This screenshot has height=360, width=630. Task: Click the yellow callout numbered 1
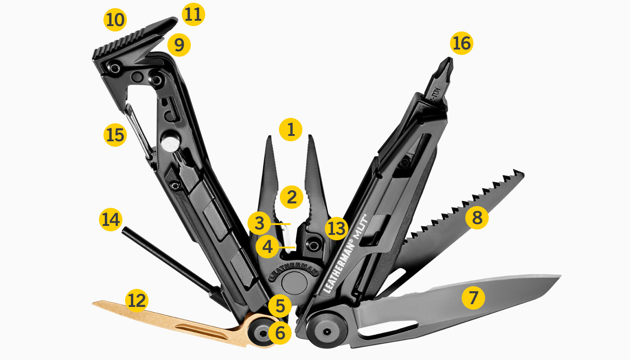click(x=291, y=130)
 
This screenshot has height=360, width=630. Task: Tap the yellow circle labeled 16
click(x=462, y=44)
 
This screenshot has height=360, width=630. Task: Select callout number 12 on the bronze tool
click(x=136, y=300)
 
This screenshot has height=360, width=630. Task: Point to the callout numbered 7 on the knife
click(x=473, y=297)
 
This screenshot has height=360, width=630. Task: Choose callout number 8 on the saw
click(x=477, y=218)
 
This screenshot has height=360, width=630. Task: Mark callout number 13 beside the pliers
click(x=337, y=228)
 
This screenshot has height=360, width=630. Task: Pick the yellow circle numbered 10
click(x=115, y=20)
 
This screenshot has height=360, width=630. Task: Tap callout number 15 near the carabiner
click(x=115, y=135)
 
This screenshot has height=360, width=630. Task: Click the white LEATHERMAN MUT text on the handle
click(x=344, y=254)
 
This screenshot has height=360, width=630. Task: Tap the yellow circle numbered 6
click(x=280, y=333)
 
